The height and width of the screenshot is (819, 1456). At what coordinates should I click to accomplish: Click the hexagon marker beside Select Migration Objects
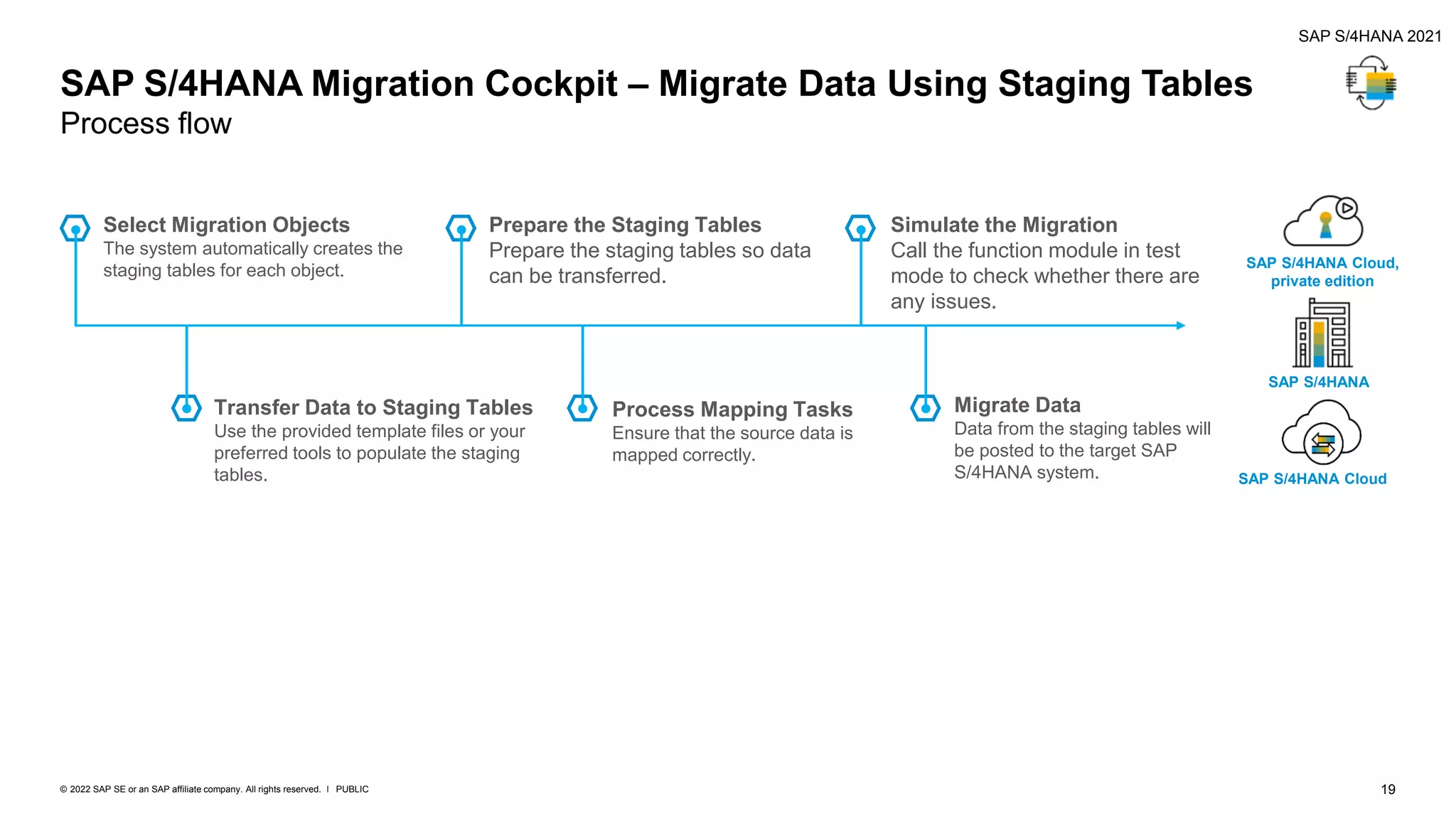pos(75,229)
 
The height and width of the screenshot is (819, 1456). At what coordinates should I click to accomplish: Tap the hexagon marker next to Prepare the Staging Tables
pos(461,229)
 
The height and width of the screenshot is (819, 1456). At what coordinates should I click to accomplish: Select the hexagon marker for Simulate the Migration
pos(860,229)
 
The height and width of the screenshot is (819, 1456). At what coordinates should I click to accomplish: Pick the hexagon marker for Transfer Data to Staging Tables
pos(186,408)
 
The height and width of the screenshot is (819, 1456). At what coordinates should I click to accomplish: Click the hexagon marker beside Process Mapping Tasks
pos(582,408)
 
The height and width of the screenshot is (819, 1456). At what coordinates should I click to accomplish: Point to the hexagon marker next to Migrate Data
pos(925,408)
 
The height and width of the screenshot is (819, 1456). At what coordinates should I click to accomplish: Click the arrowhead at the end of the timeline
pos(1180,326)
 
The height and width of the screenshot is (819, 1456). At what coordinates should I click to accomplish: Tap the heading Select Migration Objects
pos(226,225)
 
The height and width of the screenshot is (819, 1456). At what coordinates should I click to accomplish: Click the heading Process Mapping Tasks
pos(732,409)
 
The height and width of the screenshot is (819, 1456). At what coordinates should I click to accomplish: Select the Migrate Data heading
pos(1017,405)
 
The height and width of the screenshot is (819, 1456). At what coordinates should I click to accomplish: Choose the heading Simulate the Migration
pos(1003,225)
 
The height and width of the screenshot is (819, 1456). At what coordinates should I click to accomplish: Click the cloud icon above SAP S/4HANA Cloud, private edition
pos(1322,222)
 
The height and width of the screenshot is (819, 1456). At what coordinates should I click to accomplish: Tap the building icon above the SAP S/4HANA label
pos(1322,333)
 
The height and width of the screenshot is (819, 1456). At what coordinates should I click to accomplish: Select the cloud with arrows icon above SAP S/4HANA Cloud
pos(1321,433)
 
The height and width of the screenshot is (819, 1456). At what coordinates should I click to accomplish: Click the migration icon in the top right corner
pos(1371,83)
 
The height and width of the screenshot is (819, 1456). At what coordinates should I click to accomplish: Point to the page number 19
pos(1388,789)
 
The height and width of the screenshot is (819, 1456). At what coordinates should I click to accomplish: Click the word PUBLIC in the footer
pos(352,789)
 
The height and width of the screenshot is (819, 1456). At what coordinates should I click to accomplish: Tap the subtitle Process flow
pos(146,124)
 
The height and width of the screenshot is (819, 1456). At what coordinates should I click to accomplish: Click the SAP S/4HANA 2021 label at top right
pos(1369,36)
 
